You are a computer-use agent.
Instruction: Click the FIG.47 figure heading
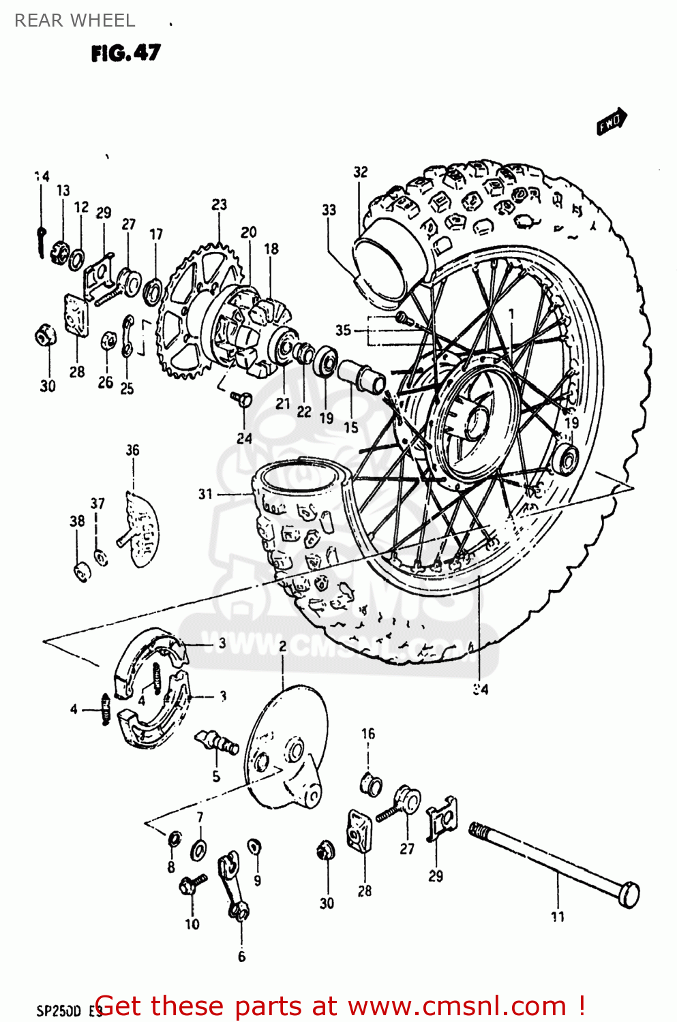coord(126,53)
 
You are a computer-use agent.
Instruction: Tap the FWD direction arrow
coord(612,121)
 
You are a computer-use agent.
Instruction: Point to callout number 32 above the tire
coord(360,172)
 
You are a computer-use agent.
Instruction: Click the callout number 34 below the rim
coord(481,690)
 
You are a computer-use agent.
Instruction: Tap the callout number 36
coord(132,450)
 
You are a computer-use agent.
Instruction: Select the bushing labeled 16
coord(370,784)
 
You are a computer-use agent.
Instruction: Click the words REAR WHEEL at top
coord(74,20)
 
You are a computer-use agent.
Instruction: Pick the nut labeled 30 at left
coord(45,335)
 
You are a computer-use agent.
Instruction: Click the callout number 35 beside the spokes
coord(343,330)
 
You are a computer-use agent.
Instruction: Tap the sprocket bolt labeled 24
coord(243,398)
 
